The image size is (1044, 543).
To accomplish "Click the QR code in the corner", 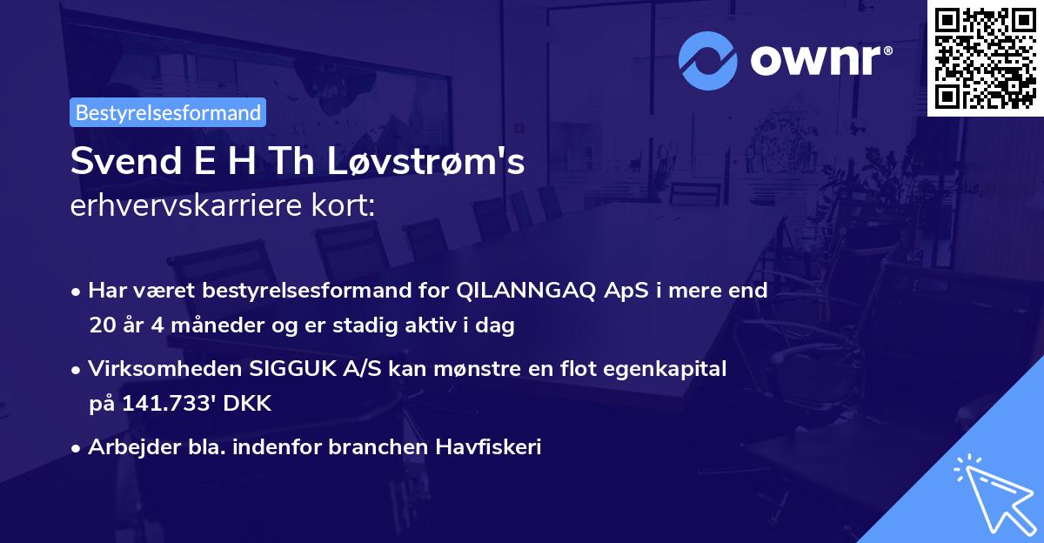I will (985, 57).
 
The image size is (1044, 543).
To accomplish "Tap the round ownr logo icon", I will (707, 60).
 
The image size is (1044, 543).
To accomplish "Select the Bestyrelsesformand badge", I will (168, 112).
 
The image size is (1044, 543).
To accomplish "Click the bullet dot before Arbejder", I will (77, 448).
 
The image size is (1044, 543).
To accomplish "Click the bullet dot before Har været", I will (77, 292).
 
